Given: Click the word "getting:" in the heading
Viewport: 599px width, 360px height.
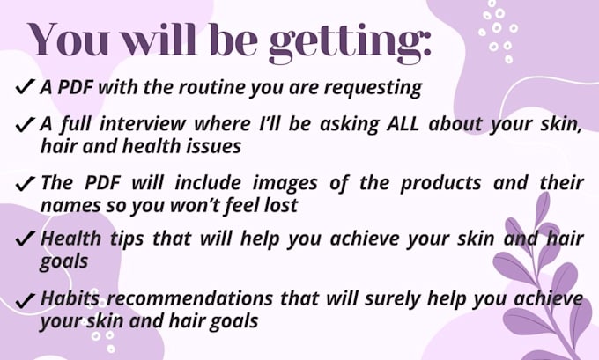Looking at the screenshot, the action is pos(350,43).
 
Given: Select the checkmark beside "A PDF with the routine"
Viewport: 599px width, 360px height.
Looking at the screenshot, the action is pos(26,86).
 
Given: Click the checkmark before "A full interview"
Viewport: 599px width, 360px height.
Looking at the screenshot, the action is pos(26,124).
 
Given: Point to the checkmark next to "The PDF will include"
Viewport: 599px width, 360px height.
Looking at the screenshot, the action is pos(26,183).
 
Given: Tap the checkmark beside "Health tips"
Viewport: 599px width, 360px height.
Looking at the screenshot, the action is pos(26,239).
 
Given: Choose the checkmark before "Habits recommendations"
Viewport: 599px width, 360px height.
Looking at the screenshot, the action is pos(26,300).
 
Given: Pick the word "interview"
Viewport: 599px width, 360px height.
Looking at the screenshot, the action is pos(142,124).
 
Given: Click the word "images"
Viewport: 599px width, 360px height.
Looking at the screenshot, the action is pos(285,184).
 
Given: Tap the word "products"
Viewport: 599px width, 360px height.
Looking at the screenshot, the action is pos(440,184).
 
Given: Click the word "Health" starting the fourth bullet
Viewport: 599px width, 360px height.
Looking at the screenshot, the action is pos(70,239).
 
